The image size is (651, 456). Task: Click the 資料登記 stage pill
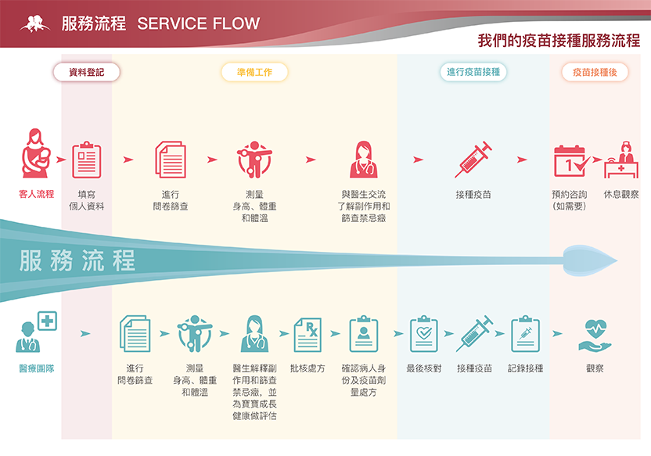coord(86,73)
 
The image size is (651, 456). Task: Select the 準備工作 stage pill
coord(254,73)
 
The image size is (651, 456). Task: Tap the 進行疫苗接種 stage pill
coord(473,73)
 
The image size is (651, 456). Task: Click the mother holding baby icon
coord(36,157)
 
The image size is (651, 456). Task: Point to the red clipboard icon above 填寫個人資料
coord(86,160)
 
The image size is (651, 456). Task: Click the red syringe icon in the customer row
coord(473,160)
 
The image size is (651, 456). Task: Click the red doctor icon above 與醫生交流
coord(364,160)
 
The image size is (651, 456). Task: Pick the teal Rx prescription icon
coord(308,335)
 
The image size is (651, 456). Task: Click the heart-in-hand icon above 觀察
coord(595,335)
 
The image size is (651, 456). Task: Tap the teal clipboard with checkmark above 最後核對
coord(423,335)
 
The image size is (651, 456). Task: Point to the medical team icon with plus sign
coord(36,332)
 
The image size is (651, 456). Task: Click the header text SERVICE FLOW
coord(198,23)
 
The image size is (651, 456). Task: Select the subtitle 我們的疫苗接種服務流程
coord(559,41)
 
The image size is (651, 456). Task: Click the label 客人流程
coord(36,194)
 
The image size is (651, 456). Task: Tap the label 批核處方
coord(308,368)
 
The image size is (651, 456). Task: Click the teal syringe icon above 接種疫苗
coord(473,335)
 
